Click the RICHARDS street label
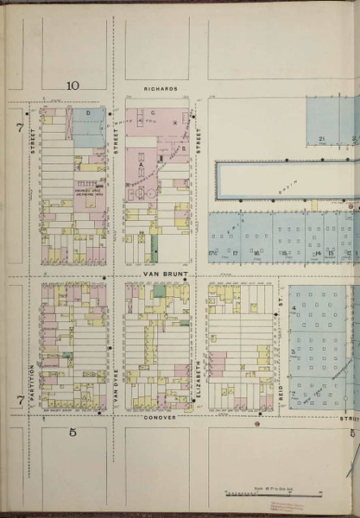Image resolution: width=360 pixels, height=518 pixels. point(161,88)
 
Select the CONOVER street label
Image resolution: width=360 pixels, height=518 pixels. point(159,418)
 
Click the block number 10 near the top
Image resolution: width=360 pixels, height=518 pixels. point(73,85)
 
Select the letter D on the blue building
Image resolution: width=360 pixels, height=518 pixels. point(88,113)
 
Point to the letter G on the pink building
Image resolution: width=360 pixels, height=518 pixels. point(152,113)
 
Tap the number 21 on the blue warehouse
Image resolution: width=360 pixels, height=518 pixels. point(320,138)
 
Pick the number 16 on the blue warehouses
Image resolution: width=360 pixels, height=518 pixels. point(256,252)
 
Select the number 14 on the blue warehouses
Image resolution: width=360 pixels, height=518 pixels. point(317,252)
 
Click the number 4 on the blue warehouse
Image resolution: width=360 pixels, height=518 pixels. point(294,308)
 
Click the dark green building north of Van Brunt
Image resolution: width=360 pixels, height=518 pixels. point(155,250)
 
